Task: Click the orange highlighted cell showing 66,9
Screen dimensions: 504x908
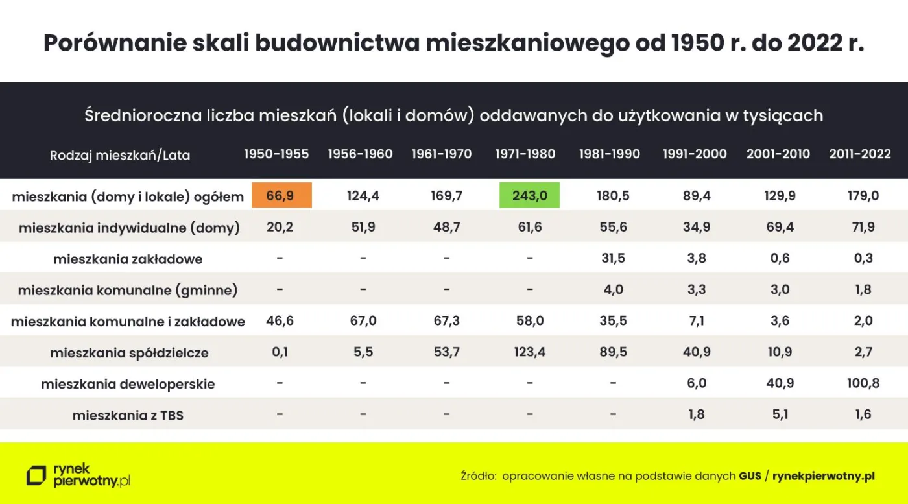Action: pos(280,195)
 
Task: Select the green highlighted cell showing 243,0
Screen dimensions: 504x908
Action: pos(529,195)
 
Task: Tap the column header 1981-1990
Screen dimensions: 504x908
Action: pos(609,154)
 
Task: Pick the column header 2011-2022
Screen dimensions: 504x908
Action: pos(860,154)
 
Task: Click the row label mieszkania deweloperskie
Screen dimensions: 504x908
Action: pos(128,384)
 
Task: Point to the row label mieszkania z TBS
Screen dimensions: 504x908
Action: pos(128,415)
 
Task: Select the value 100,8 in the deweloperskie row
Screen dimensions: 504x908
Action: pos(863,383)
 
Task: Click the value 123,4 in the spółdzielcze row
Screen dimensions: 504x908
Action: pos(529,352)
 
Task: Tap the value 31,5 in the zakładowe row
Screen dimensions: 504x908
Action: pos(613,258)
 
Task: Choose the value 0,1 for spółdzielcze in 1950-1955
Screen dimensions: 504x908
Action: pos(280,352)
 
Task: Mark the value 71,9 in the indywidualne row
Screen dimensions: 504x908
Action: pos(863,227)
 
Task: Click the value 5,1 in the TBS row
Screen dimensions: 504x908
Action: pos(780,414)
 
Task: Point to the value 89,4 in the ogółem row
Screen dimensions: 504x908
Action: pos(696,195)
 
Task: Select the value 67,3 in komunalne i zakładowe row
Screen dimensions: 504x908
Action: pos(446,321)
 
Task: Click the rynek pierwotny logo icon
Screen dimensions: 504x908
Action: pos(36,475)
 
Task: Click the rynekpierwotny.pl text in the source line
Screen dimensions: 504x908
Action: pos(824,475)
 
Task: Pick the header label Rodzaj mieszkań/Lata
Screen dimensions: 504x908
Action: pos(120,155)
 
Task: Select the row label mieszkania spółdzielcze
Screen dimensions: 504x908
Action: pos(129,354)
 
